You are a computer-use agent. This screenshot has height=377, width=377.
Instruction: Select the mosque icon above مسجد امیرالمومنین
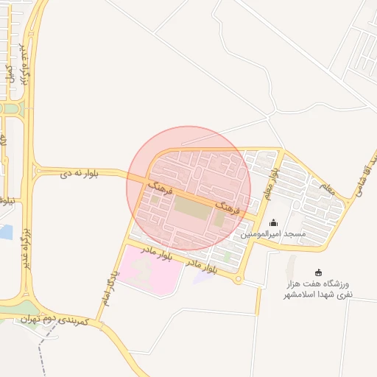274,222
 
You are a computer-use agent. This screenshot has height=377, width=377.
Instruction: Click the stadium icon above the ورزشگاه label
318,272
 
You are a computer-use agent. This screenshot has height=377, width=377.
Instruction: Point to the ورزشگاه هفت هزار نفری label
320,289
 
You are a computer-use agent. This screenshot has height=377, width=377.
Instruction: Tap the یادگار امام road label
109,287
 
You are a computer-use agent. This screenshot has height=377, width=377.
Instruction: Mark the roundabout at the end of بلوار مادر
238,279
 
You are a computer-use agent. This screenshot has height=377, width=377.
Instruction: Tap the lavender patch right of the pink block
202,278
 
